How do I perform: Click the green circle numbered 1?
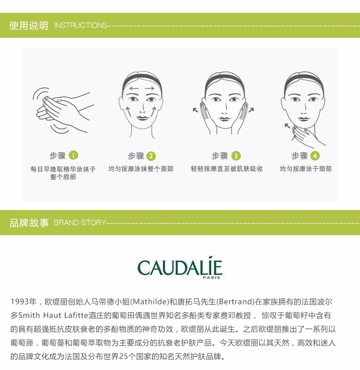tap(73, 155)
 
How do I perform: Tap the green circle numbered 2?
tap(151, 156)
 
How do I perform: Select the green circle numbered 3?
tap(236, 156)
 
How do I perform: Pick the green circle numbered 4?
tap(315, 156)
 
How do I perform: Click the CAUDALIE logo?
tap(180, 268)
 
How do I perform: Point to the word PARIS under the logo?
tap(211, 278)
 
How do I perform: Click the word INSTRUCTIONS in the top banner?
tap(81, 25)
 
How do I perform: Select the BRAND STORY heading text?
tap(80, 222)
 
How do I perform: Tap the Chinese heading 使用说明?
tap(29, 25)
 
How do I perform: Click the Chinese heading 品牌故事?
tap(29, 222)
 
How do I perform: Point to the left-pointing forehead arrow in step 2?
tap(134, 89)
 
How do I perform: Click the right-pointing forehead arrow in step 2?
tap(149, 89)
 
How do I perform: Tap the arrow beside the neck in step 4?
tap(288, 126)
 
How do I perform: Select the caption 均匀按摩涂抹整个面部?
tap(141, 169)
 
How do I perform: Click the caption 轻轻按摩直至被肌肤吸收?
tap(227, 169)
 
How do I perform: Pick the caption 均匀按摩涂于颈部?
tap(306, 169)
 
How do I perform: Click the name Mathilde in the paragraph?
tap(149, 302)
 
